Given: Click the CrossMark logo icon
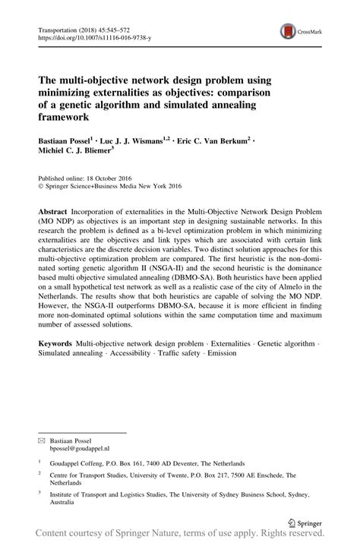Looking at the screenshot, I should (289, 31).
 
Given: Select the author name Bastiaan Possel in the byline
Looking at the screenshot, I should (65, 141).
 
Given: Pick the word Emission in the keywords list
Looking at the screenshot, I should (220, 354).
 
